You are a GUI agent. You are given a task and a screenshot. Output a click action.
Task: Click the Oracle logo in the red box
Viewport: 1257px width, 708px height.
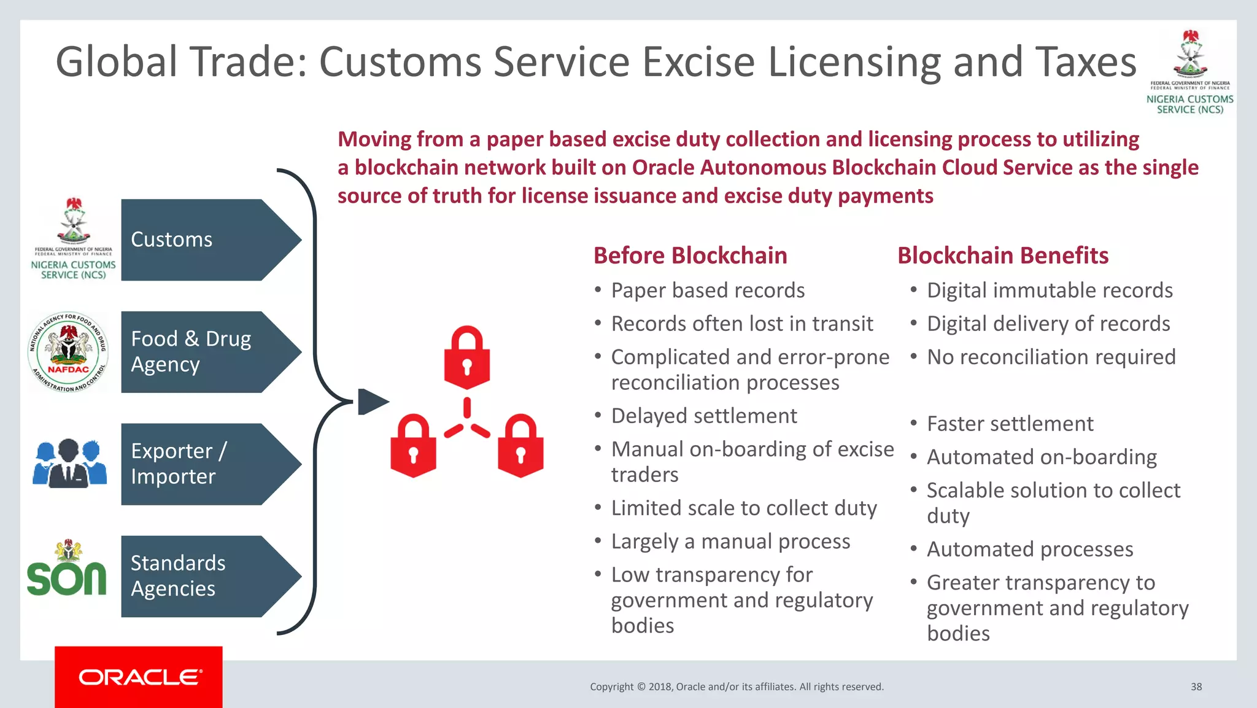coord(139,677)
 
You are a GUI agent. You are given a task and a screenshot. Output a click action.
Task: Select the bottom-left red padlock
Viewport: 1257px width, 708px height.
coord(413,446)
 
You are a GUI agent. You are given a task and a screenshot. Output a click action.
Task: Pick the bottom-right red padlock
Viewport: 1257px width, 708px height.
coord(520,446)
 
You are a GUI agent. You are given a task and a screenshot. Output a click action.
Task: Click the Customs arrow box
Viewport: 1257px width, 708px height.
coord(203,240)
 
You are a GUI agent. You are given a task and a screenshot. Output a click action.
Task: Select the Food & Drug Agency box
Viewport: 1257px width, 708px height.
coord(203,352)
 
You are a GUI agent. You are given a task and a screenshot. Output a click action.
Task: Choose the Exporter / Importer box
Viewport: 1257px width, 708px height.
coord(203,464)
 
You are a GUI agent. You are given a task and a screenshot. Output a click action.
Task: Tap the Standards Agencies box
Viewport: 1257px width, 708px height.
coord(203,576)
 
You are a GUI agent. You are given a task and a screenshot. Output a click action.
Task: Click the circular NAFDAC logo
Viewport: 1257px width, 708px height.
coord(68,352)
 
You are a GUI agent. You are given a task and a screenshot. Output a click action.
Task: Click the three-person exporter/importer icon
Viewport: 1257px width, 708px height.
coord(69,464)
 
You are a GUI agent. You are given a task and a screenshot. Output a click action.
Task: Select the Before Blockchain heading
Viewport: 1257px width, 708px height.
coord(690,255)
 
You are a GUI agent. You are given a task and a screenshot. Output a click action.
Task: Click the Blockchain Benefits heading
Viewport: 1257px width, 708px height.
coord(1002,255)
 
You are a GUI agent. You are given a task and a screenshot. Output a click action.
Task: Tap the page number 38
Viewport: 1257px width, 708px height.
coord(1196,687)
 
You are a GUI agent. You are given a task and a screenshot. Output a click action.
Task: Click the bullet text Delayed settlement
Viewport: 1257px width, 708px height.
coord(703,416)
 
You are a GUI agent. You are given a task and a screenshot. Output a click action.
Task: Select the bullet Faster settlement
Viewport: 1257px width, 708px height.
coord(1010,424)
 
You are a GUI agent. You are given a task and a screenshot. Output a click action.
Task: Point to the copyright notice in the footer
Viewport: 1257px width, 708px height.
coord(737,687)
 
